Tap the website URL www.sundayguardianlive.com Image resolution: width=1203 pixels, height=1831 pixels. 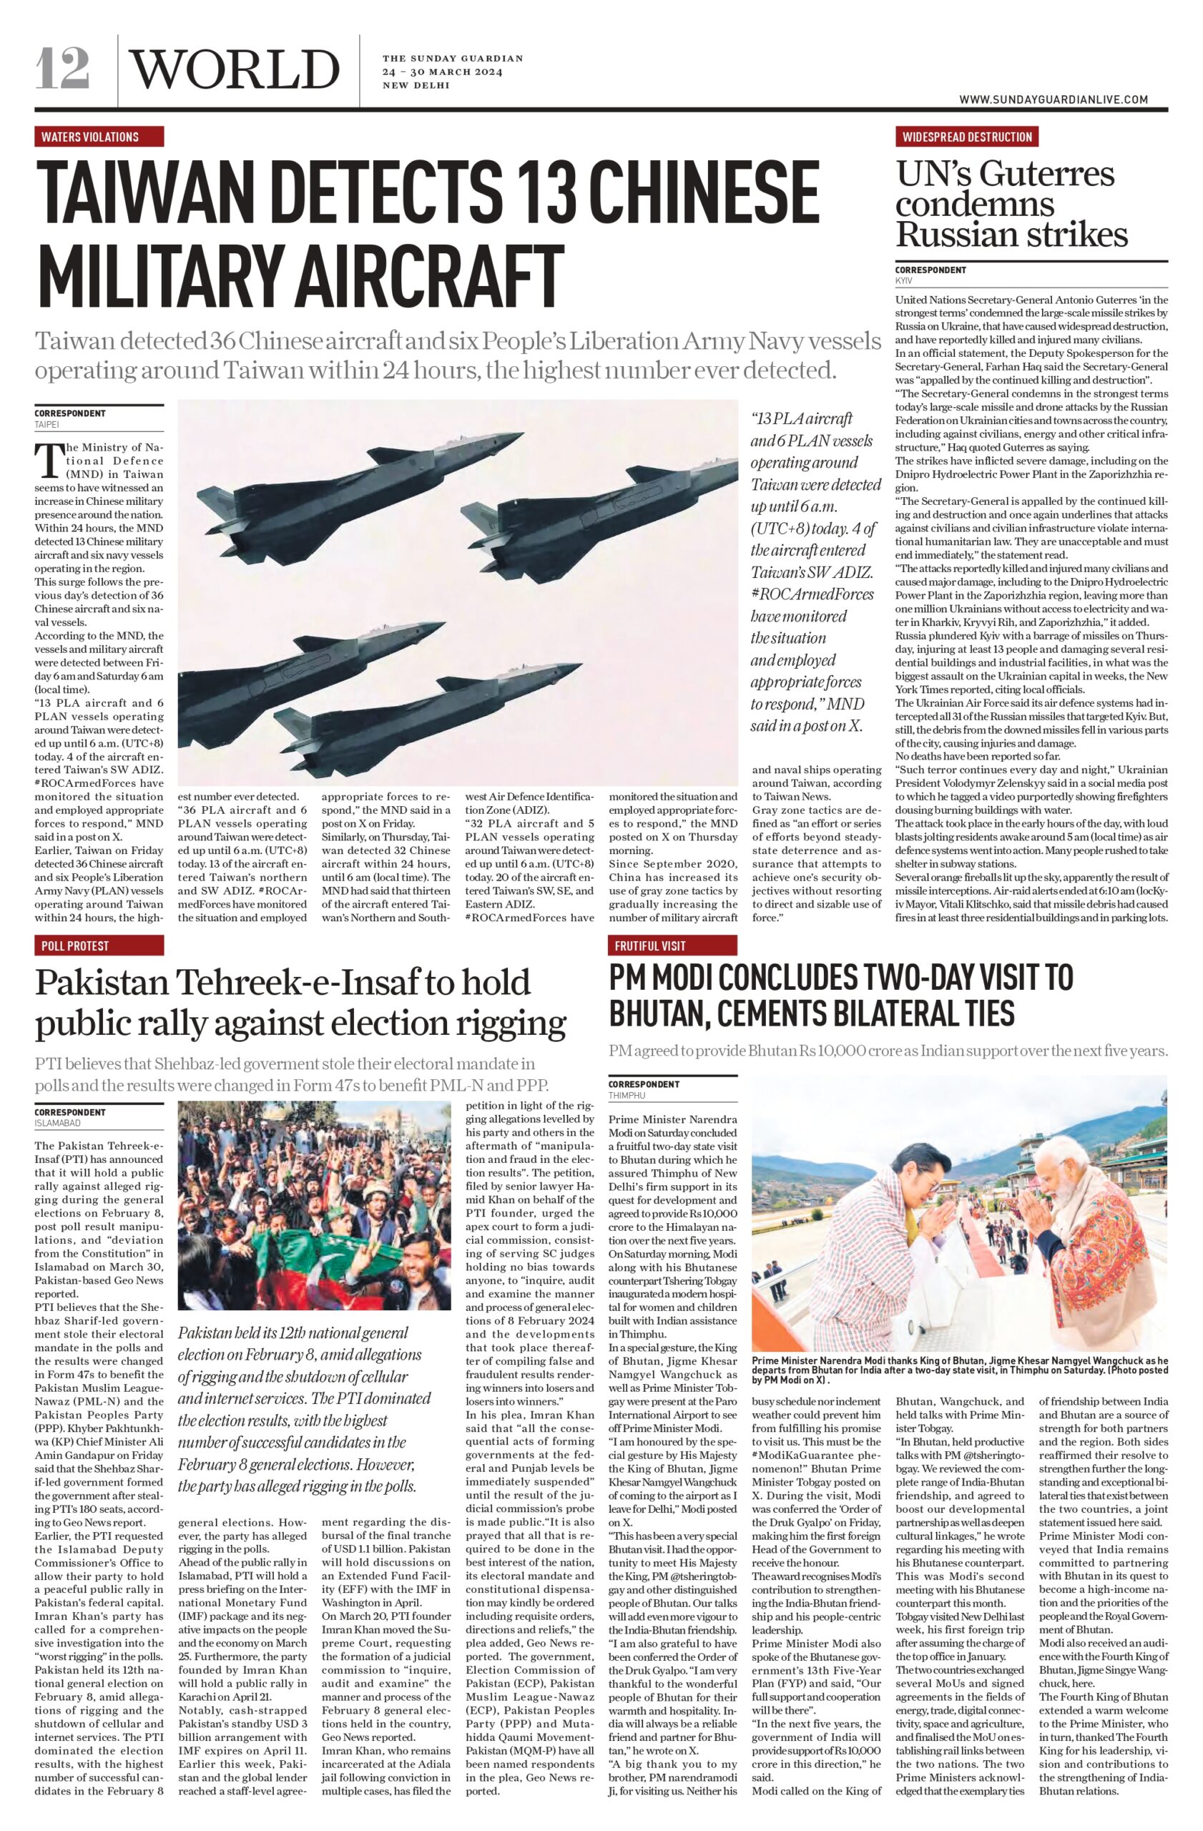(x=1053, y=99)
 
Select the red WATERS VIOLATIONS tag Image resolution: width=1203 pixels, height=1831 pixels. (x=99, y=137)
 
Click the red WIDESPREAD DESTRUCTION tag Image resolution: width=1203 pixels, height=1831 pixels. (x=966, y=137)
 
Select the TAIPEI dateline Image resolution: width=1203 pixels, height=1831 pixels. (x=47, y=424)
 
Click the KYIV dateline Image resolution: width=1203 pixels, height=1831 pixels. (x=903, y=281)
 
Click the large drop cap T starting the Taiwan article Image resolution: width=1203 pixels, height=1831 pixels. (x=49, y=460)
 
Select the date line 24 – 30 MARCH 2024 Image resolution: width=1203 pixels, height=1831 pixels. (x=442, y=72)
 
